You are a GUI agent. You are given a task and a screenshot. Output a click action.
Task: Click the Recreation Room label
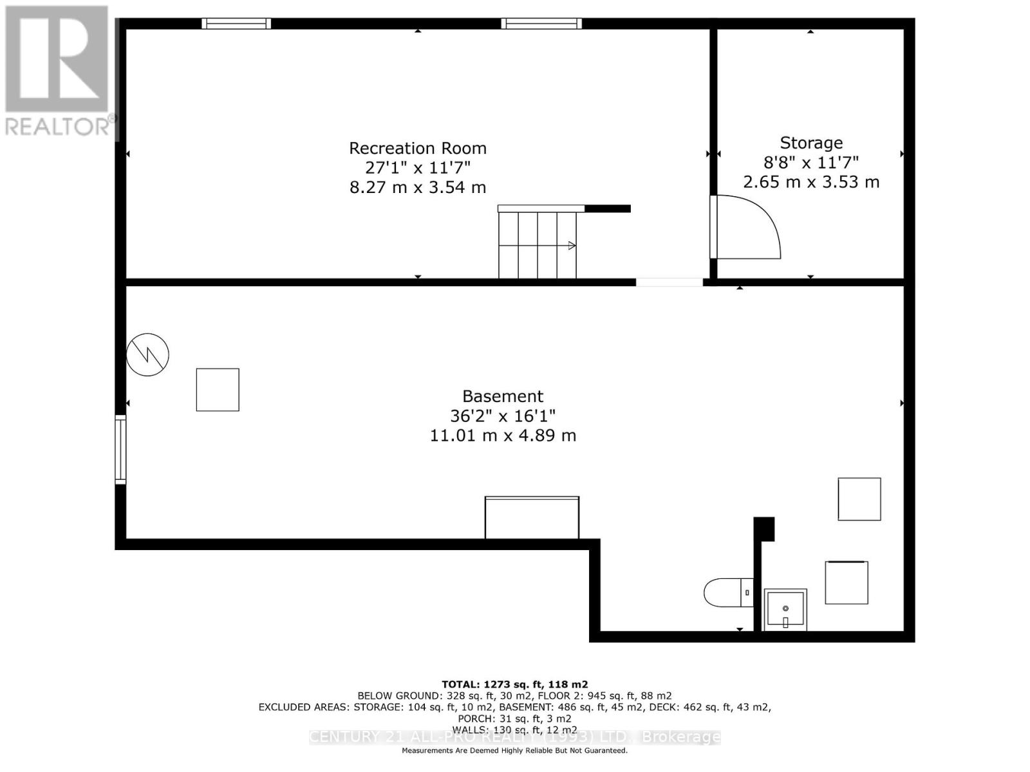418,149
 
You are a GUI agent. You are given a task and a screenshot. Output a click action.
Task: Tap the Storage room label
811,143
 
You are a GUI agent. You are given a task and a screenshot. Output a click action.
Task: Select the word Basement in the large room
503,396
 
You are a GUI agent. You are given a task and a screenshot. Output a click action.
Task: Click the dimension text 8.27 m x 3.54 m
418,188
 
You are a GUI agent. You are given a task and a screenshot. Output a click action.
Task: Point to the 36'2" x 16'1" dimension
503,416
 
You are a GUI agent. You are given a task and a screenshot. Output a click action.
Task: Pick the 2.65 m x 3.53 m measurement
811,182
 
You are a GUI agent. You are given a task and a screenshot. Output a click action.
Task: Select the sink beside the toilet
785,610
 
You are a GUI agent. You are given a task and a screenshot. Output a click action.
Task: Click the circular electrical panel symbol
147,354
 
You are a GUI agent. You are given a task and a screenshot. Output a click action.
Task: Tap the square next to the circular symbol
218,390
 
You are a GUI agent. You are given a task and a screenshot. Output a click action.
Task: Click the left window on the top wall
236,24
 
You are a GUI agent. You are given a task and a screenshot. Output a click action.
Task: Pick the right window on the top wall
541,24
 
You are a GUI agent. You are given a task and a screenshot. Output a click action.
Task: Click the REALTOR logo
58,71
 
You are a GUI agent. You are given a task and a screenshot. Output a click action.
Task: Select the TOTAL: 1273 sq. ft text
514,685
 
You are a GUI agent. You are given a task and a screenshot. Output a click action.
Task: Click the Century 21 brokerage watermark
514,737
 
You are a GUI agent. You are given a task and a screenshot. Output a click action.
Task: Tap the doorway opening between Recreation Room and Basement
669,282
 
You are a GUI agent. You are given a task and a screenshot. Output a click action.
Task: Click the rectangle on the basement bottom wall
532,517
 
